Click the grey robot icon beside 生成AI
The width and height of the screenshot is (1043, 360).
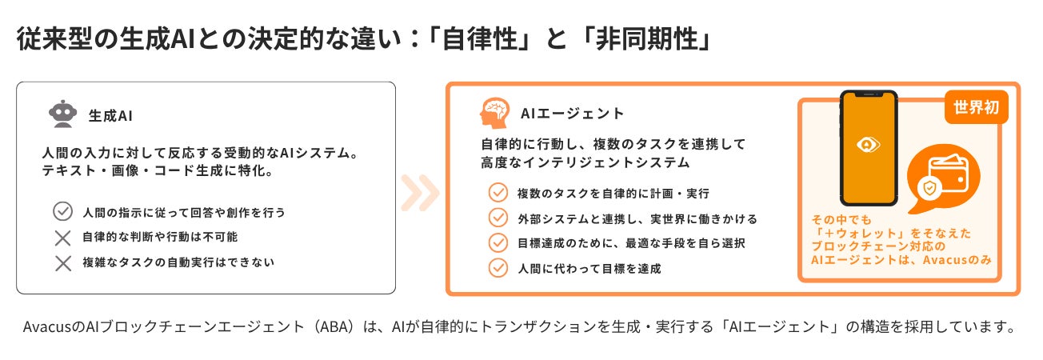tap(63, 114)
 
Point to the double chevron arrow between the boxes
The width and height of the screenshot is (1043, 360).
tap(420, 192)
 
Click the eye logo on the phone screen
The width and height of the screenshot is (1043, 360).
tap(868, 145)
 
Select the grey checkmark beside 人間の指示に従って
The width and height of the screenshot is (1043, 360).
tap(62, 212)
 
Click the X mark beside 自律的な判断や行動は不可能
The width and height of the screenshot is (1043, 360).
tap(62, 238)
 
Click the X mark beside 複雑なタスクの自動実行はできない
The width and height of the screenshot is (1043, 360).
tap(62, 262)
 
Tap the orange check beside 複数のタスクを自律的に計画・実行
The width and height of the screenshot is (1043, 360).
tap(498, 193)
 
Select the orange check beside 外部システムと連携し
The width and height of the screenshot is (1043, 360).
tap(498, 218)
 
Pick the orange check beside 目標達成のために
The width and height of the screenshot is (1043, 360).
tap(498, 242)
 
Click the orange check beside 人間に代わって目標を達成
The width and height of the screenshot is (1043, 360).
tap(498, 268)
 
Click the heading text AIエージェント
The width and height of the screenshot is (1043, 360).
tap(572, 114)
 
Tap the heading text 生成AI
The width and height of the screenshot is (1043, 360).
tap(110, 116)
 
